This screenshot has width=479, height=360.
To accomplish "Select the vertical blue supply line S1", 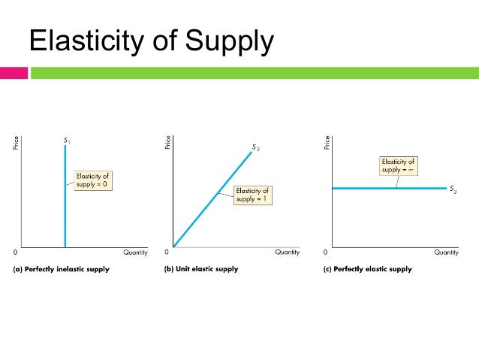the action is (65, 218).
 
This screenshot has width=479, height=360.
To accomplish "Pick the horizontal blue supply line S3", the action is (360, 188).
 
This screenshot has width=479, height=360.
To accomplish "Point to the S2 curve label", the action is (256, 147).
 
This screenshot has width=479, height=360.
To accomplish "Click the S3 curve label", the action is (453, 190).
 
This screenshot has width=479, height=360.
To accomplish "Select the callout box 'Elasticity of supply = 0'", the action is (92, 180).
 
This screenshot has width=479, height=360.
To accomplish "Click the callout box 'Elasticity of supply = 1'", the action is (252, 195).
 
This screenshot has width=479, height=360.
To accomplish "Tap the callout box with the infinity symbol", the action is (398, 165).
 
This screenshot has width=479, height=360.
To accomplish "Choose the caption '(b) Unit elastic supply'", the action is (200, 270).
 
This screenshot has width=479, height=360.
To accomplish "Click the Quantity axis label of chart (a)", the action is (136, 253).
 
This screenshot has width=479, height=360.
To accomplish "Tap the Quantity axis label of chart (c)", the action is (446, 253).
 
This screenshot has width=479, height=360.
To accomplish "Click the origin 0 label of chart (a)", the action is (17, 251).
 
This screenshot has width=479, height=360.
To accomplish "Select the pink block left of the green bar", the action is (14, 73).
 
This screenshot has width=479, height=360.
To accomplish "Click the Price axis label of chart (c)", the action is (327, 143).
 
